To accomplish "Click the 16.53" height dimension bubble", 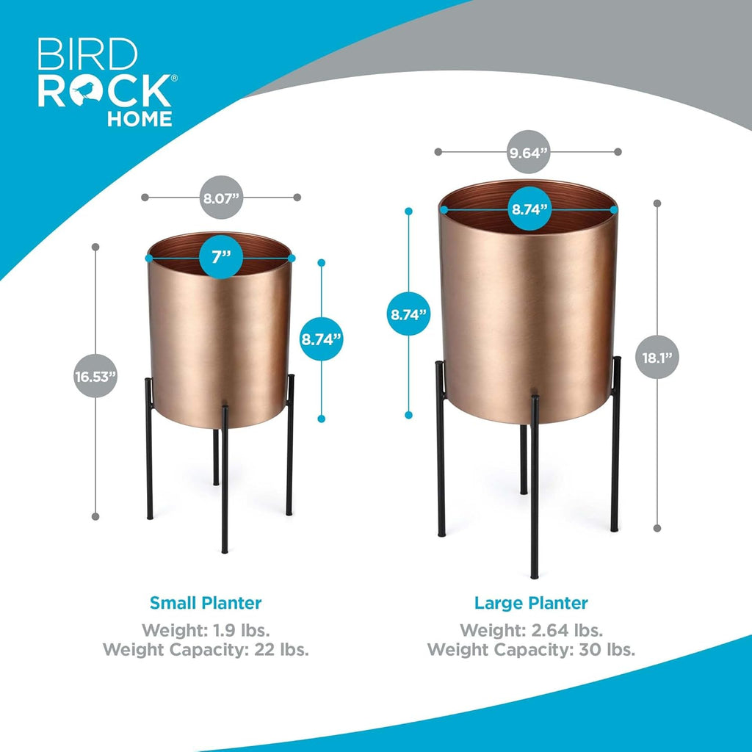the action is click(95, 376).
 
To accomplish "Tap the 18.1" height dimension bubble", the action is click(657, 358).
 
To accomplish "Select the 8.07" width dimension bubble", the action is click(221, 198).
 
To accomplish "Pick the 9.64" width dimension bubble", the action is click(528, 152).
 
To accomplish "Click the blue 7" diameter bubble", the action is click(221, 258).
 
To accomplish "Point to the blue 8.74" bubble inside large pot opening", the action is click(529, 209).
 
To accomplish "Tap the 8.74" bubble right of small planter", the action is click(322, 339).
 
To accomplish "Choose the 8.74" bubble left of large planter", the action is click(408, 314).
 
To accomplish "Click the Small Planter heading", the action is click(206, 603).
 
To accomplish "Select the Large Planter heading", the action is click(531, 603).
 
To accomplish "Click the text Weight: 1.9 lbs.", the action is click(206, 629).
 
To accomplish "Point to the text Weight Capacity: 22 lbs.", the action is click(206, 650).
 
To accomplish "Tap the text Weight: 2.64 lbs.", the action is click(532, 629).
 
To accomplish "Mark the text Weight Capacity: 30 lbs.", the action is click(532, 650).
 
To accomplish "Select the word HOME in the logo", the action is click(140, 118).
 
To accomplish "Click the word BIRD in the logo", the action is click(88, 54).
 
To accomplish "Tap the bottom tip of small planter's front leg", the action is click(225, 552).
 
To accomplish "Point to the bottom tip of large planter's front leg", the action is click(534, 577).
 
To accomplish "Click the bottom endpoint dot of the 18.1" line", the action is click(657, 528).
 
